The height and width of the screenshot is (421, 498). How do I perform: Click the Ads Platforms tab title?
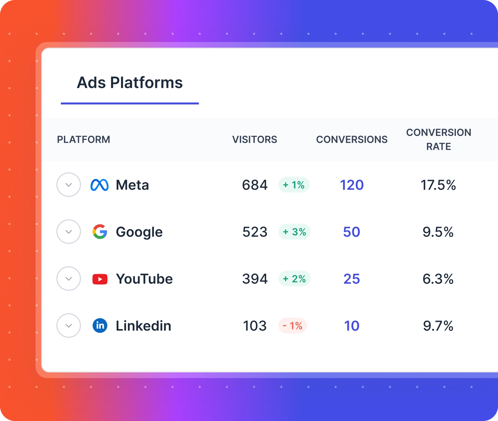[x=129, y=83]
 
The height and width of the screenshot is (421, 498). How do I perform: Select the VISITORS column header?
[x=255, y=139]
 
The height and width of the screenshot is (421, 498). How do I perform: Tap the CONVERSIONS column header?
[x=352, y=139]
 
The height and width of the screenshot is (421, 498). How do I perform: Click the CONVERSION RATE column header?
[x=438, y=139]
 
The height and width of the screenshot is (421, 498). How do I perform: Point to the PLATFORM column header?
[x=83, y=139]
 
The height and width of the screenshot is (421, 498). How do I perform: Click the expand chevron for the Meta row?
[x=69, y=185]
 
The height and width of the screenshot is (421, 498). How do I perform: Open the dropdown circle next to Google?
[x=69, y=232]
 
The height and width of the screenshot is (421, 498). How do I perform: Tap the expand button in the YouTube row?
[x=69, y=278]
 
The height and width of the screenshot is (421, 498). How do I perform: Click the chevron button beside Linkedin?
[x=69, y=326]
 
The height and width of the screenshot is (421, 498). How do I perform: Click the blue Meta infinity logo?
[x=100, y=185]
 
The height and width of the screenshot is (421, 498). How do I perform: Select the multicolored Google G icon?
[x=100, y=232]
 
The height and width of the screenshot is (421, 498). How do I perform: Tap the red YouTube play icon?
[x=100, y=279]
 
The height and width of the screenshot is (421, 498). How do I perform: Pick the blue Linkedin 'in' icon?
[x=100, y=326]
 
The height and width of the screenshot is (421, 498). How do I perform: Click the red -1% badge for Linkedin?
[x=293, y=326]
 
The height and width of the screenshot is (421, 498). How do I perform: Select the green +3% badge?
[x=294, y=232]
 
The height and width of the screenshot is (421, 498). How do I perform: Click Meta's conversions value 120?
[x=352, y=185]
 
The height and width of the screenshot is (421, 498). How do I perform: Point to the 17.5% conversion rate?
[x=438, y=185]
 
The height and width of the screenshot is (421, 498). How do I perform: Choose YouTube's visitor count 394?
[x=255, y=279]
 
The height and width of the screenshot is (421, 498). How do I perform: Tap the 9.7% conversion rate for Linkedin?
[x=438, y=326]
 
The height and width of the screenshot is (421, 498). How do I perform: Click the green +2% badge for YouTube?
[x=294, y=279]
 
